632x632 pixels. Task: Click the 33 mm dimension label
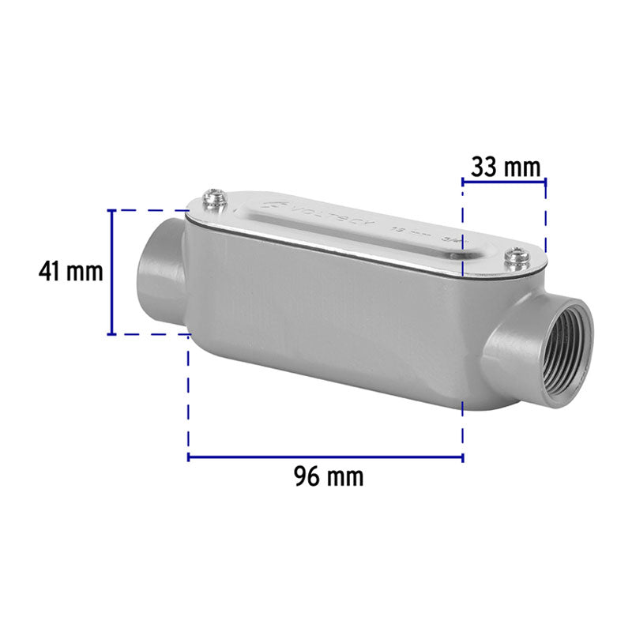[506, 167]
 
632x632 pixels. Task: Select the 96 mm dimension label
[329, 477]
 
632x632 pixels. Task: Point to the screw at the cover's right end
[518, 257]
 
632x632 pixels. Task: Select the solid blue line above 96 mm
[325, 457]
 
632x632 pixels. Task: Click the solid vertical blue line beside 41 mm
[113, 272]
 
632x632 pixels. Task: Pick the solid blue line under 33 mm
[504, 182]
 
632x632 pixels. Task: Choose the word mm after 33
[525, 167]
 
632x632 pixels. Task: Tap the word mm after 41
[85, 272]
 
